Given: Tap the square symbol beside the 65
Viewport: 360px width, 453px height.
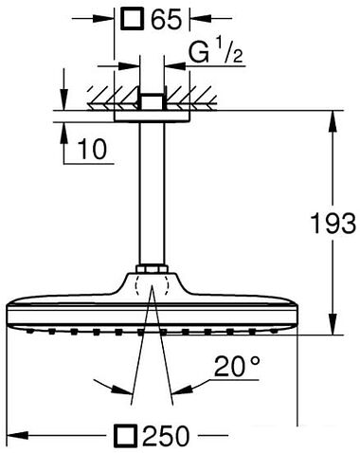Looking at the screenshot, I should pos(131,17).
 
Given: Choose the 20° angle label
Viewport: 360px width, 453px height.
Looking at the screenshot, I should pos(234,366).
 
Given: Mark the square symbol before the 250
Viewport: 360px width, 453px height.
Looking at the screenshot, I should pos(124,435).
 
